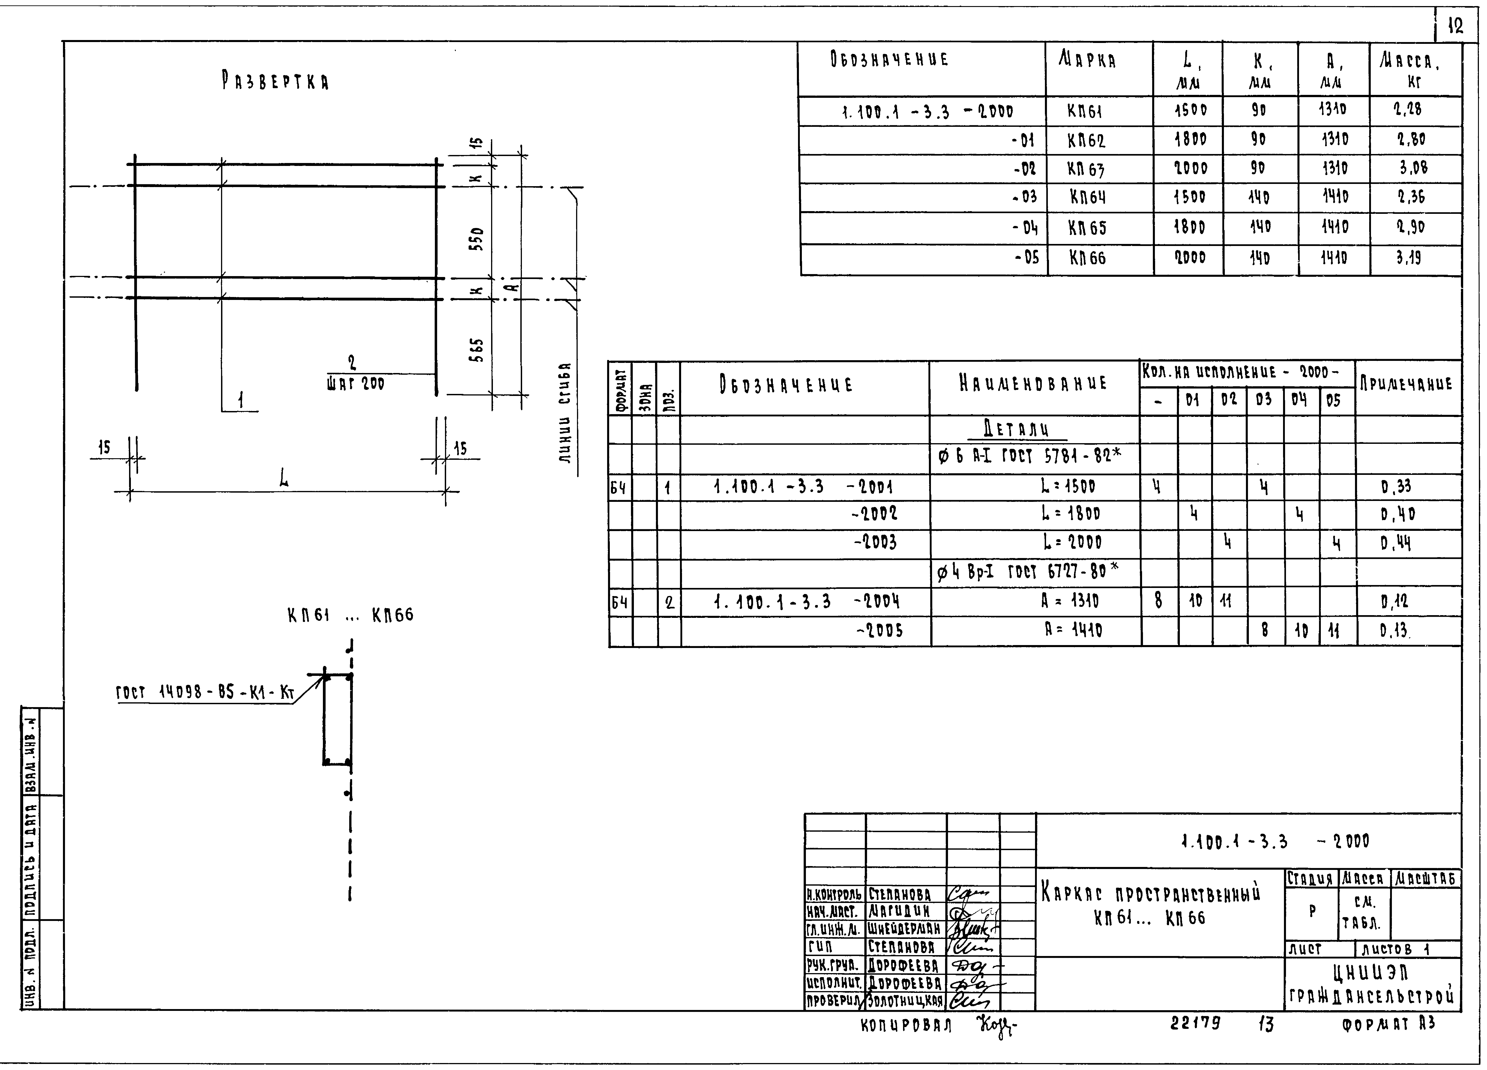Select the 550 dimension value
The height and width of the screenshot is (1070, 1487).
tap(478, 239)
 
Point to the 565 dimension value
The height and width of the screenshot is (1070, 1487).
tap(478, 350)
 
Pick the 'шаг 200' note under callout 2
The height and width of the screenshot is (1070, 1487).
tap(355, 384)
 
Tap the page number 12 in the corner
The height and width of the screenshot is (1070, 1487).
tap(1455, 26)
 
